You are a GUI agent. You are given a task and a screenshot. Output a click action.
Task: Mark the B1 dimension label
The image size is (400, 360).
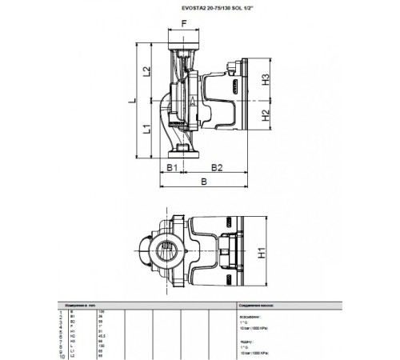pyautogui.click(x=170, y=166)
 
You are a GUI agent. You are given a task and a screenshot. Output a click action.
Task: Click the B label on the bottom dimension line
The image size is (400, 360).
pyautogui.click(x=203, y=182)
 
